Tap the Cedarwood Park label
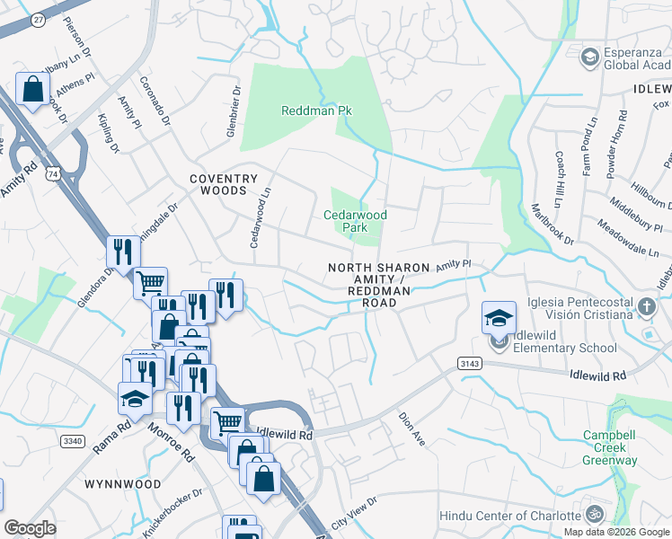coord(356,221)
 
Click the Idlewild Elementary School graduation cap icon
coord(499,318)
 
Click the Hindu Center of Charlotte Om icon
coord(592,516)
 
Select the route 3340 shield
coord(73,440)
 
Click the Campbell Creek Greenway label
coord(608,447)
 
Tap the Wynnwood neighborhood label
coord(123,484)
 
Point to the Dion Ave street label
coord(411,423)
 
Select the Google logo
coord(30,528)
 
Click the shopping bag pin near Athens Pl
coord(32,90)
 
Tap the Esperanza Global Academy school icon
coord(590,58)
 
